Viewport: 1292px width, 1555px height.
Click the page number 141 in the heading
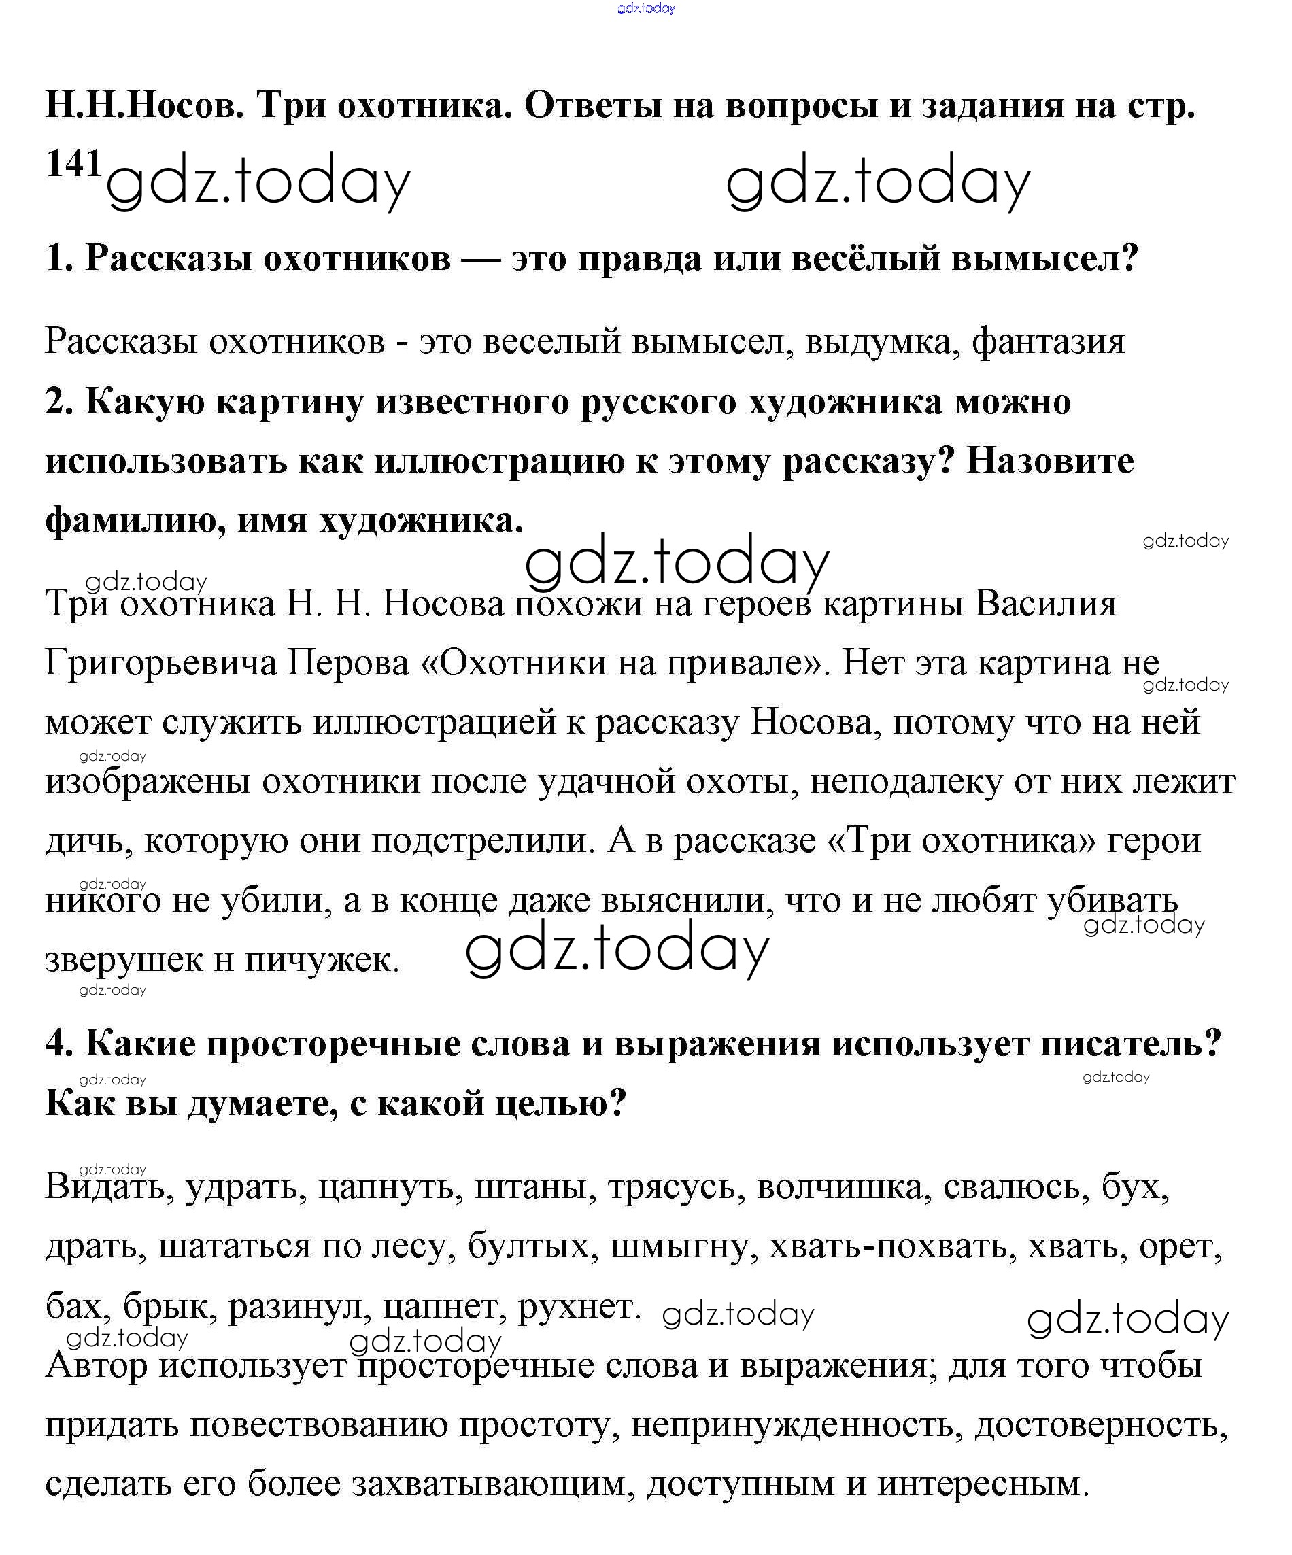click(x=73, y=164)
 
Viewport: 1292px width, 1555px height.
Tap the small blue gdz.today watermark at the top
click(x=645, y=9)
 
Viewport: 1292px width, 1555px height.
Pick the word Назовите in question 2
click(x=1050, y=461)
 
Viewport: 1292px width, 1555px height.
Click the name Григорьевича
click(x=160, y=663)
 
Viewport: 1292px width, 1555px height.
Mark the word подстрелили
click(x=483, y=841)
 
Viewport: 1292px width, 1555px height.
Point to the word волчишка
click(x=840, y=1186)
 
